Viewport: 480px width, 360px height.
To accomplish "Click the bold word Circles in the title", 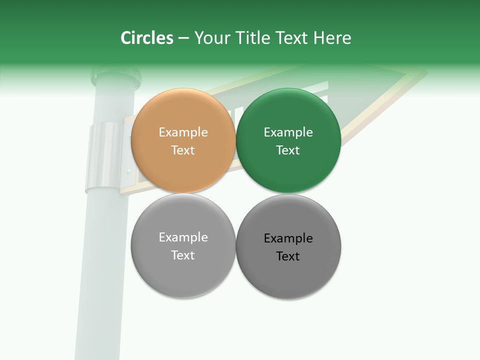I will pyautogui.click(x=146, y=38).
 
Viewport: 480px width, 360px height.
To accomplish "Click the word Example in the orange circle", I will pyautogui.click(x=183, y=132).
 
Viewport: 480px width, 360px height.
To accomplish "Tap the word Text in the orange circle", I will pyautogui.click(x=183, y=150).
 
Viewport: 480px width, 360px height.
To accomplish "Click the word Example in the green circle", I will pyautogui.click(x=288, y=132).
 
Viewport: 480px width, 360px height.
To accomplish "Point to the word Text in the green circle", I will pyautogui.click(x=288, y=150).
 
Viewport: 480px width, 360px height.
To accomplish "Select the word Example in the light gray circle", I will pyautogui.click(x=183, y=237).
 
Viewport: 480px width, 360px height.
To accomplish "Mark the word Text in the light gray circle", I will pyautogui.click(x=183, y=255).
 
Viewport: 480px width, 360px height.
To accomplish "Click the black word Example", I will pyautogui.click(x=288, y=238).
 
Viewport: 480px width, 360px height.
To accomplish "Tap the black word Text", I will pyautogui.click(x=288, y=256).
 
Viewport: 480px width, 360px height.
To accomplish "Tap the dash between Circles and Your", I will pyautogui.click(x=183, y=38).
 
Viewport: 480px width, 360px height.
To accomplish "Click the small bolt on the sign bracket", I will pyautogui.click(x=128, y=171).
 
